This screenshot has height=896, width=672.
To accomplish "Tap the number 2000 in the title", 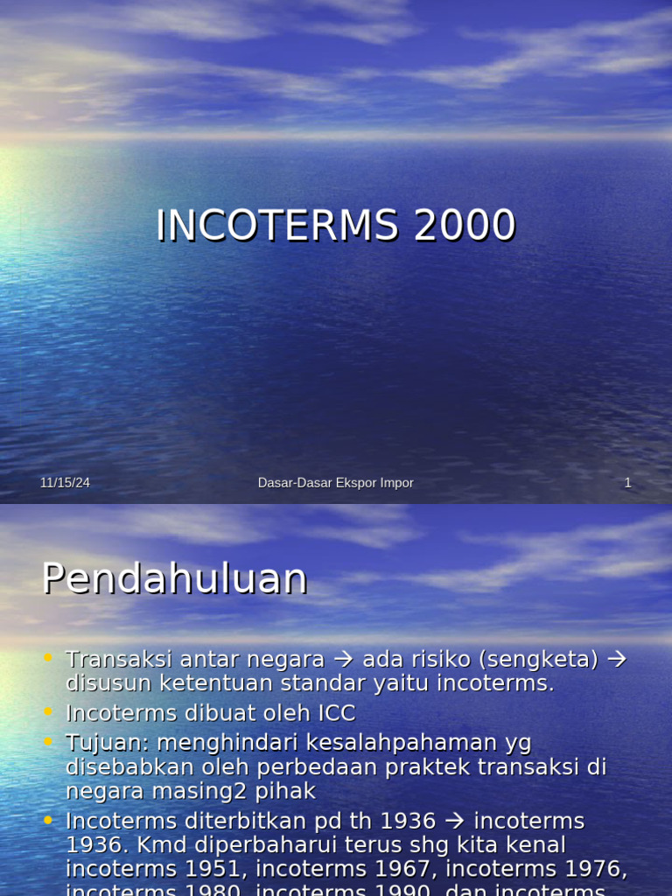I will click(465, 226).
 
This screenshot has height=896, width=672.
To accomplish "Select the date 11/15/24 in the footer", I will click(65, 483).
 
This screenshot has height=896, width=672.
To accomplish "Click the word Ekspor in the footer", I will click(359, 483).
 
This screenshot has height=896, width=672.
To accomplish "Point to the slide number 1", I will click(627, 483).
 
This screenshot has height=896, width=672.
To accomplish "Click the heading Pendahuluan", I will click(175, 578).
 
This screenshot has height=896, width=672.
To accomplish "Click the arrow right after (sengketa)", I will click(617, 659).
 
